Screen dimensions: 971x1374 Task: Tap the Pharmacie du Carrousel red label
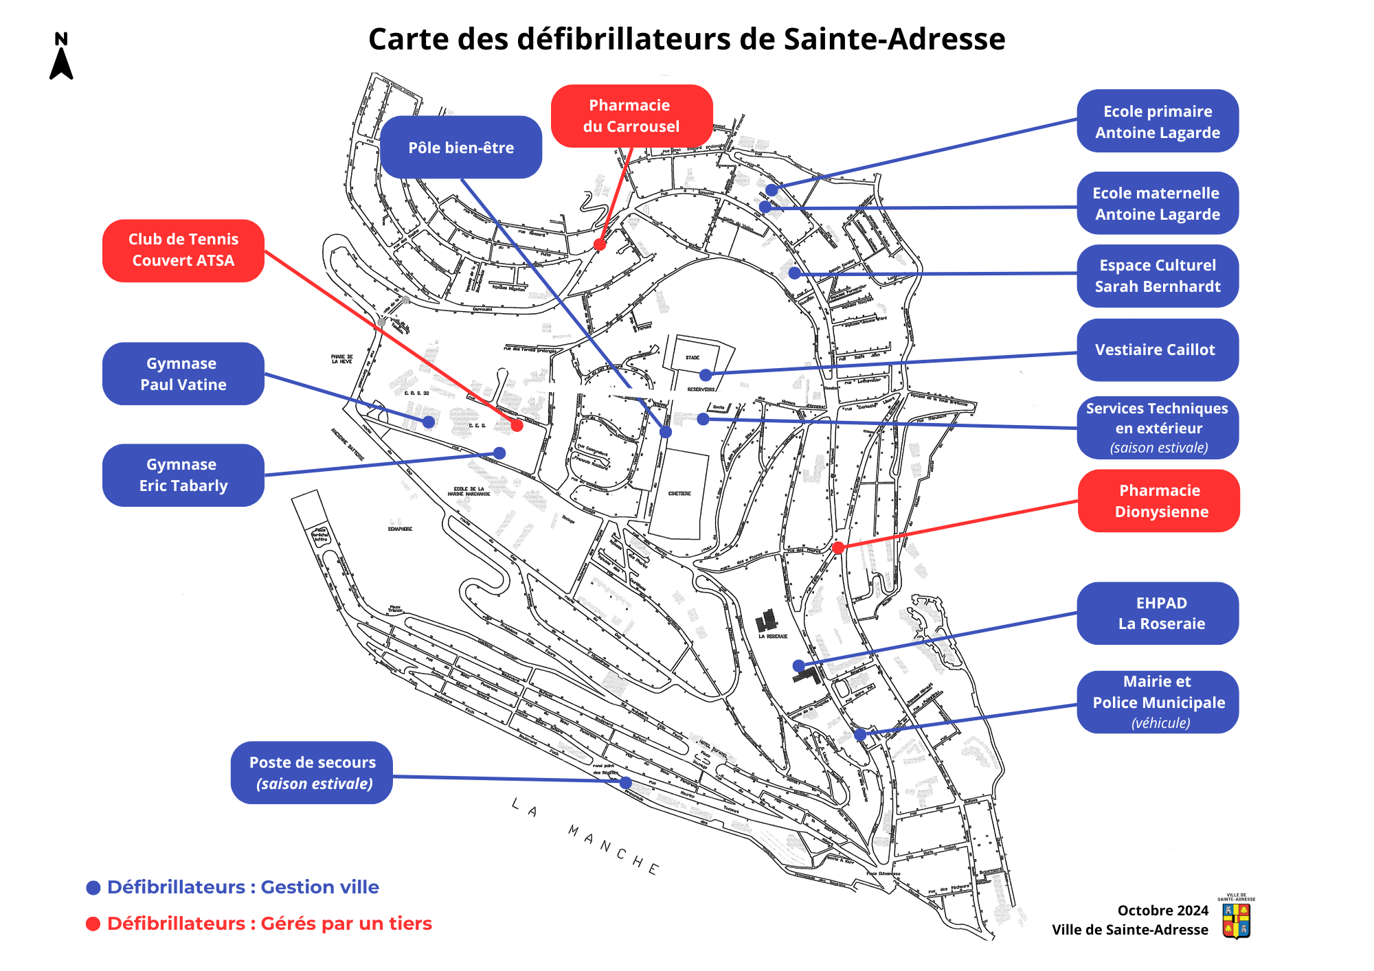631,116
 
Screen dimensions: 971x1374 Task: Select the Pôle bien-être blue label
461,148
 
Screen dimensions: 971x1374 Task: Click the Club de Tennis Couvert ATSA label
183,251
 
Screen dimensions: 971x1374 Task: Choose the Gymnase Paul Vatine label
183,374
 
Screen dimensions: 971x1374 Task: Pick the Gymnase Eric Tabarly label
183,475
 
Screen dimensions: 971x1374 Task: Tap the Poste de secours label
312,773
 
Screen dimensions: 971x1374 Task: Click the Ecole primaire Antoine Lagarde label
1158,122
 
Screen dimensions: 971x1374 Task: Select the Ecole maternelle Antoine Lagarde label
1158,203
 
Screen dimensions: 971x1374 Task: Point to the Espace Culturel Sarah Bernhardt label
1158,276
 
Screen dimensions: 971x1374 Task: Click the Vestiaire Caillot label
1158,350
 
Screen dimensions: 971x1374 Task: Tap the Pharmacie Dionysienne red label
1159,501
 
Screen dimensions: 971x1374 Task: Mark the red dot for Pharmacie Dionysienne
838,547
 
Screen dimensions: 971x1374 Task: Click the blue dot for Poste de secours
625,782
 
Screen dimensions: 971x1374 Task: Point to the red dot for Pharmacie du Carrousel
600,244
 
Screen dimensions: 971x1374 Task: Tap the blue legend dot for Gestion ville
93,888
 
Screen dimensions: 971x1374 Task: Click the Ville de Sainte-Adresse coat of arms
1236,919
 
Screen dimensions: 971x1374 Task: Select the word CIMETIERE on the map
679,494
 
